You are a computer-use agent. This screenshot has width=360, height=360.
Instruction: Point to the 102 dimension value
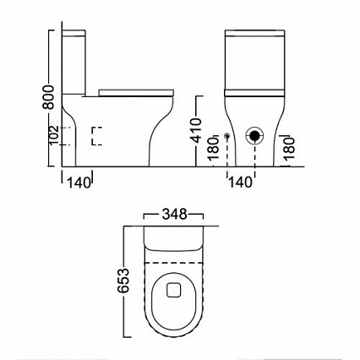pos(52,134)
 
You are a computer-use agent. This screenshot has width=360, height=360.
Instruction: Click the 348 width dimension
pos(177,211)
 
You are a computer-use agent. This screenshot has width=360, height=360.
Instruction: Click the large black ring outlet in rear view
pos(254,135)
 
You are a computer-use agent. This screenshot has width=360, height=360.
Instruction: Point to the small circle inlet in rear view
pos(227,135)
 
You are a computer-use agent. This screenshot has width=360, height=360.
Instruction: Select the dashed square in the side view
pos(96,135)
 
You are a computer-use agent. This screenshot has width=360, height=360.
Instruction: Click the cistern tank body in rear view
pos(254,63)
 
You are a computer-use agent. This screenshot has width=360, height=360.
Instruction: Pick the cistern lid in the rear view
pos(254,35)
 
